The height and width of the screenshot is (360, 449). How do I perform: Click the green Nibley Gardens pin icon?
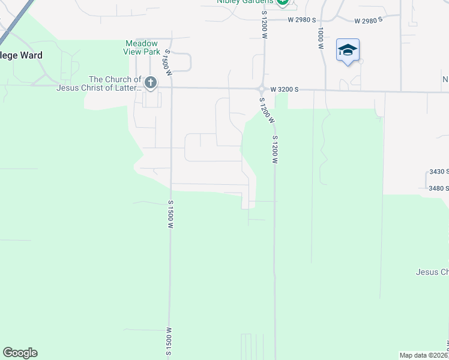pyautogui.click(x=283, y=2)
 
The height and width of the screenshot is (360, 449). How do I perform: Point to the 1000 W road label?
pyautogui.click(x=321, y=37)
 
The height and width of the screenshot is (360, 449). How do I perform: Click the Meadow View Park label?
pyautogui.click(x=142, y=47)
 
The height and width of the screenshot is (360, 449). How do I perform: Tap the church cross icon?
pyautogui.click(x=150, y=83)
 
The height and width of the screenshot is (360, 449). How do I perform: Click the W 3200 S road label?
pyautogui.click(x=284, y=89)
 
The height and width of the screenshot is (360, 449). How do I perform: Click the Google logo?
pyautogui.click(x=20, y=353)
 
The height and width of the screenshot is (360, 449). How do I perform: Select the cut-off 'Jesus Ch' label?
pyautogui.click(x=432, y=272)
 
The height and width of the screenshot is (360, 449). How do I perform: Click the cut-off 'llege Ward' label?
pyautogui.click(x=21, y=55)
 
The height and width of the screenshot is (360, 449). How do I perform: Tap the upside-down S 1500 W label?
pyautogui.click(x=170, y=341)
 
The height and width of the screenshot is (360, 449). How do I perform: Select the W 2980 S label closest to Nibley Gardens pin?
pyautogui.click(x=301, y=19)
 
